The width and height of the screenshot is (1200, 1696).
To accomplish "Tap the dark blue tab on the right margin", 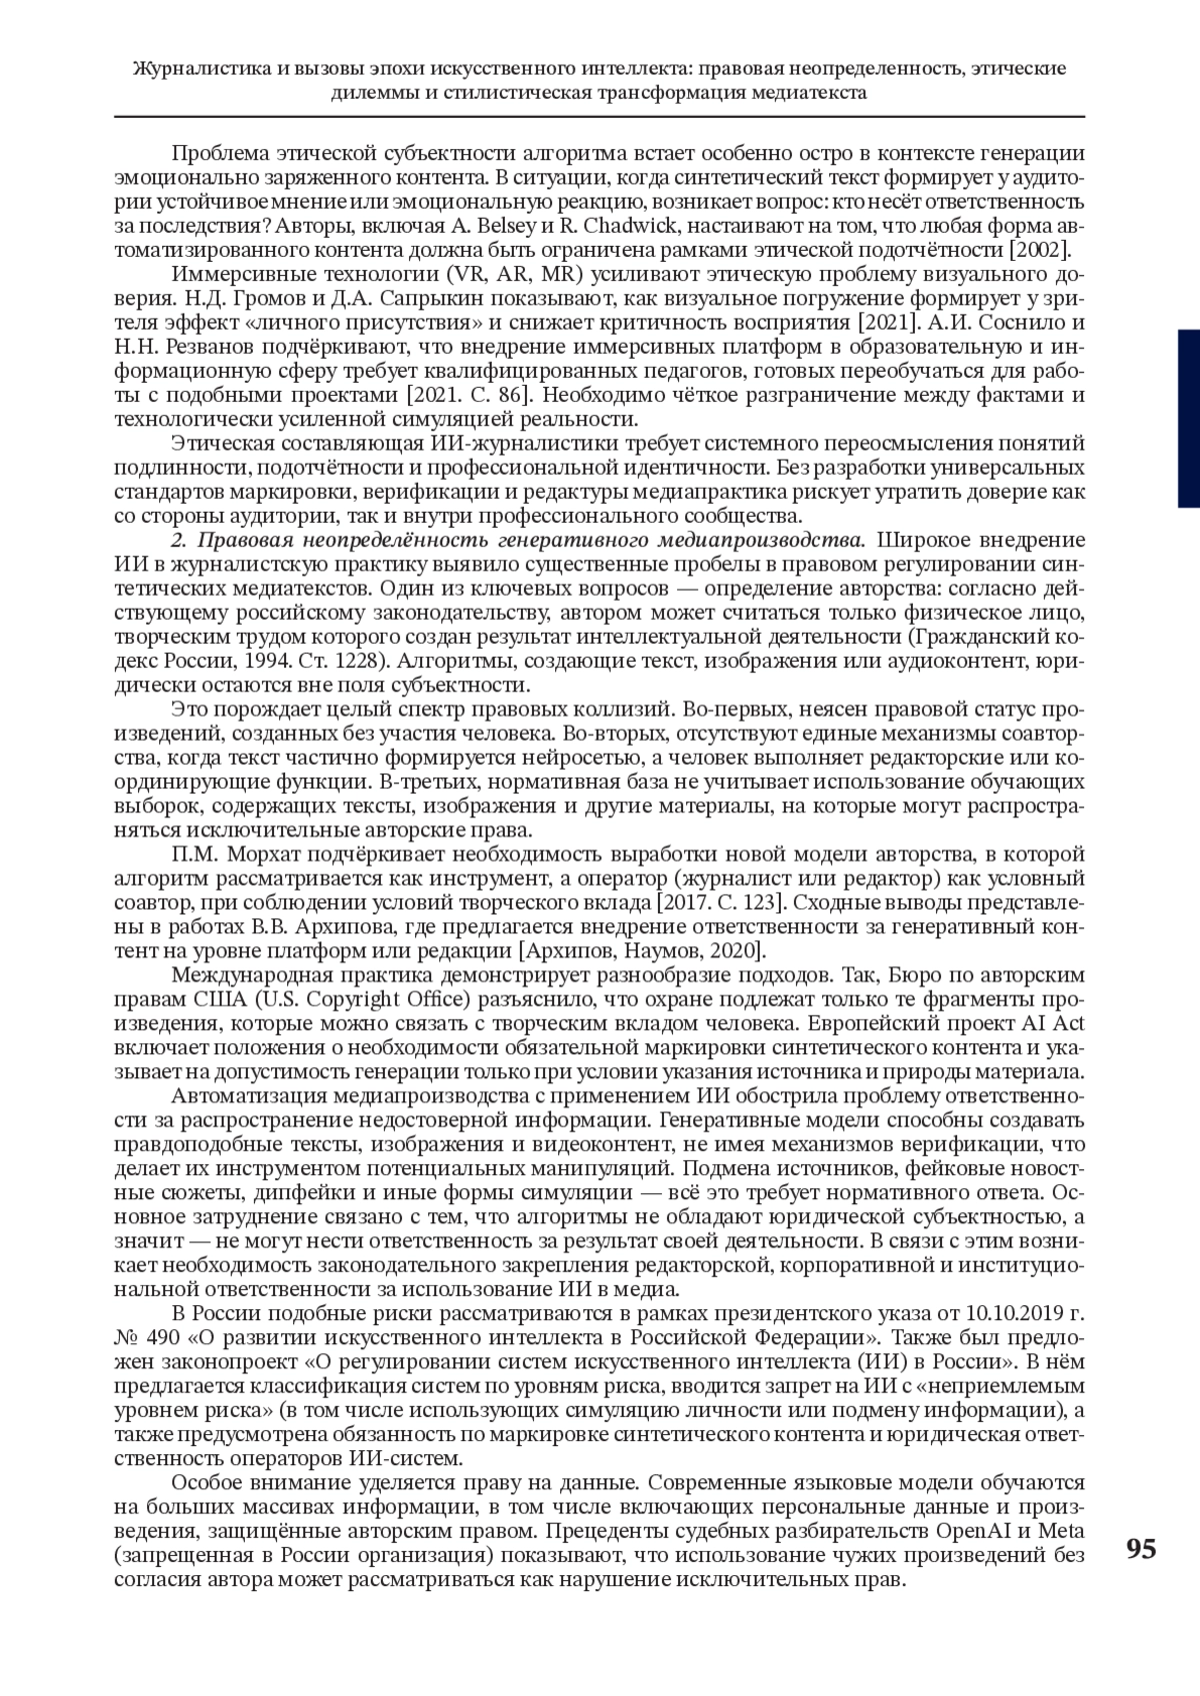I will [x=1187, y=419].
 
